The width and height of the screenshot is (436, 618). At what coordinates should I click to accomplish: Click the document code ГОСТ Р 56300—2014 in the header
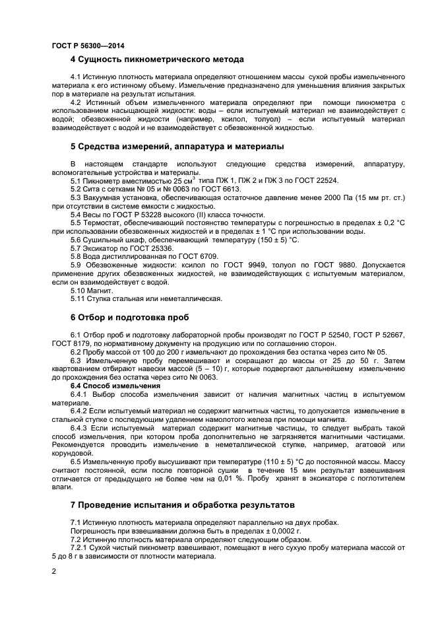(88, 46)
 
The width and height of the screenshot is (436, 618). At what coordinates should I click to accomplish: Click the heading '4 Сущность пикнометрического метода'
(157, 59)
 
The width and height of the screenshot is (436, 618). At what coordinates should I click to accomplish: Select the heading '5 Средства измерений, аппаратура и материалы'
(177, 145)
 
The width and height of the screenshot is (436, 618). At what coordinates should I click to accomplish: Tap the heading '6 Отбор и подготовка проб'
(129, 317)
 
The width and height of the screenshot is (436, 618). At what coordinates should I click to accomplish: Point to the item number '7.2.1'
(80, 548)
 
